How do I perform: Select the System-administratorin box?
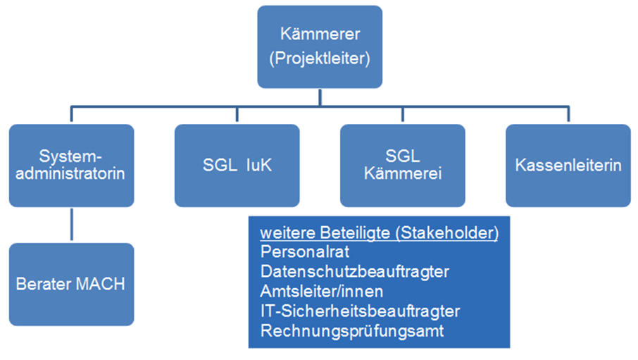point(71,166)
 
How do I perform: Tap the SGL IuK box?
point(237,166)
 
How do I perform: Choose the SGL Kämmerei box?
point(402,166)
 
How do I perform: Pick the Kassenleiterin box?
point(568,166)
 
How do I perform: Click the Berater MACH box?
point(71,285)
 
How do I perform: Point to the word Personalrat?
point(296,251)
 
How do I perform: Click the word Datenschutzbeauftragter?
point(354,271)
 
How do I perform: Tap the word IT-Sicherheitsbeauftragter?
point(360,311)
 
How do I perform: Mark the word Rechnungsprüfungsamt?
point(352,330)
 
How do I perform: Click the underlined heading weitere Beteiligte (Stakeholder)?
point(379,233)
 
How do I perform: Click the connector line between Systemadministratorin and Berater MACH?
point(71,225)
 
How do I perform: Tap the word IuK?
point(258,166)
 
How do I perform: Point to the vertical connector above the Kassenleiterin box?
point(568,116)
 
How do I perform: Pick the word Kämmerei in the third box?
point(402,173)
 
